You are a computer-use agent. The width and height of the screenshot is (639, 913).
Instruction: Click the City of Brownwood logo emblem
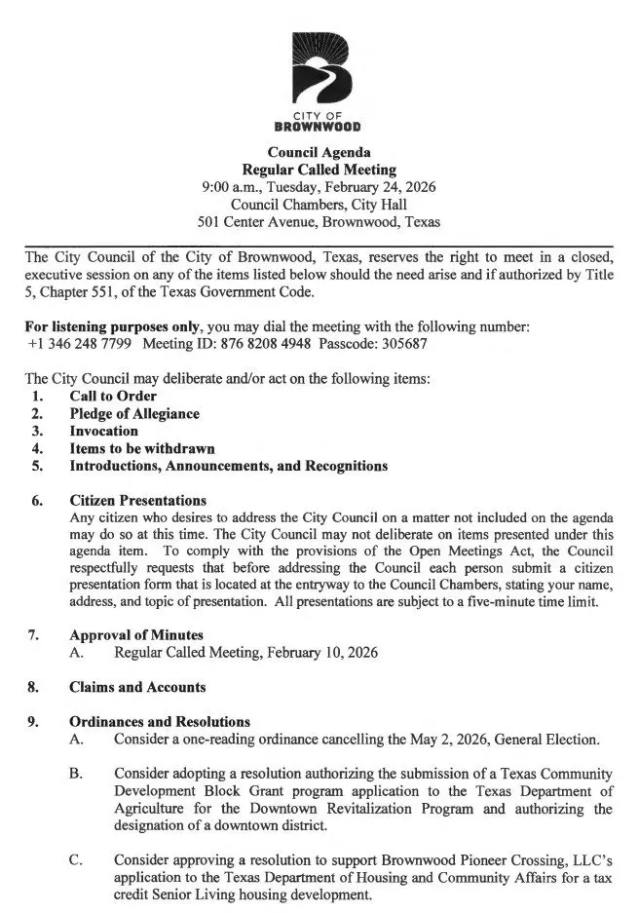pos(319,69)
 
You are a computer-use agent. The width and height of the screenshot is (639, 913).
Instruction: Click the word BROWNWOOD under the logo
pos(319,127)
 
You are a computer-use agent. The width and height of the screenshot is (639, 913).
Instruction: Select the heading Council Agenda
pos(319,152)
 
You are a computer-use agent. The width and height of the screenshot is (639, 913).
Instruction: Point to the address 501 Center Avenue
pos(258,222)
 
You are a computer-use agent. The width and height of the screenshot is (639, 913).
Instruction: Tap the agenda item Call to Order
pos(112,397)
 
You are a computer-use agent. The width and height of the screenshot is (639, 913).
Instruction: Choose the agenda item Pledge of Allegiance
pos(133,413)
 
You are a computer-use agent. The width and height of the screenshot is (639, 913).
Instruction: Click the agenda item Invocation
pos(103,431)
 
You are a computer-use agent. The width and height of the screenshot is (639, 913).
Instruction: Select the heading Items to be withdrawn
pos(141,448)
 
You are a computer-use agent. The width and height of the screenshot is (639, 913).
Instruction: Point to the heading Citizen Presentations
pos(137,501)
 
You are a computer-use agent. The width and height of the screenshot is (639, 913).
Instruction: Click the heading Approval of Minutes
pos(135,635)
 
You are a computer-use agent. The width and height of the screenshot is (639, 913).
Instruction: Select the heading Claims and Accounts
pos(136,687)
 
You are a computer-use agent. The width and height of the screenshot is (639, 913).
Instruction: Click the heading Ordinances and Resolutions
pos(159,722)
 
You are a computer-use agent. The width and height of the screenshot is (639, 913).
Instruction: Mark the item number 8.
pos(33,687)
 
